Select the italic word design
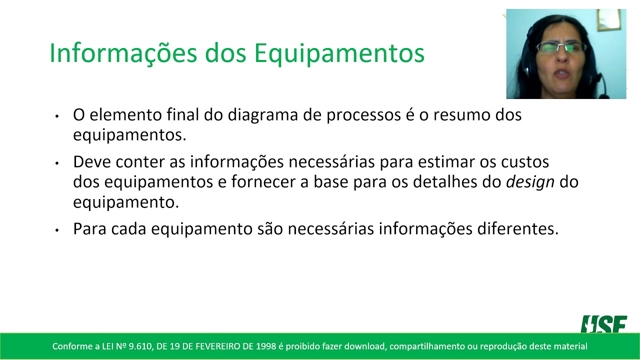click(x=530, y=182)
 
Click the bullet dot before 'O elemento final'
click(x=57, y=116)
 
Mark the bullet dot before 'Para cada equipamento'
click(x=57, y=230)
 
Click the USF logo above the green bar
click(x=603, y=324)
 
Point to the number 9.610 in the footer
click(x=137, y=346)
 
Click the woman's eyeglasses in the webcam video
click(x=561, y=47)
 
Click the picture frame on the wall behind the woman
click(x=608, y=20)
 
